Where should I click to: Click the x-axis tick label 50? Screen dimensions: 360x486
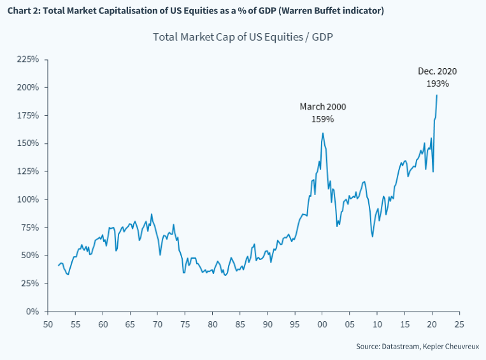[x=48, y=324]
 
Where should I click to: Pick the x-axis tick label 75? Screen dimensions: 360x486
[x=185, y=324]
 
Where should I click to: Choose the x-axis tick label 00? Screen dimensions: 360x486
[x=322, y=324]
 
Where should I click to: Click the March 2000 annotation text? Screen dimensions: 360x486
[x=323, y=107]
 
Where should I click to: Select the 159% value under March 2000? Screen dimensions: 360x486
[x=323, y=119]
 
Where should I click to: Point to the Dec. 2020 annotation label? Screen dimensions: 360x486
[x=438, y=71]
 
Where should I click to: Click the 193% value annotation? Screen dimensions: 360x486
[x=438, y=83]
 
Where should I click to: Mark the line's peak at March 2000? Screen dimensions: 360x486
[x=323, y=133]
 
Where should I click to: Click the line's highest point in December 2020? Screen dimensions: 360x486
[x=437, y=95]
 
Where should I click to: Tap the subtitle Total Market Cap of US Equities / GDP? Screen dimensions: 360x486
[x=243, y=36]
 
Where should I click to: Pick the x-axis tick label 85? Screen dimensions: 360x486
[x=240, y=324]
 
